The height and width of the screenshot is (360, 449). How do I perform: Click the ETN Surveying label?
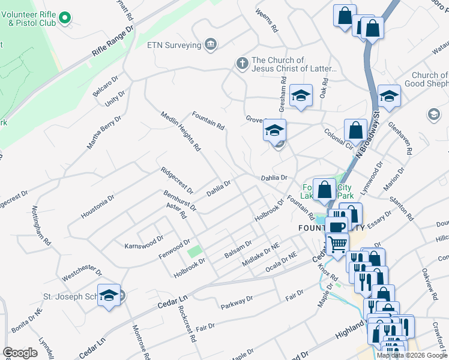pos(174,44)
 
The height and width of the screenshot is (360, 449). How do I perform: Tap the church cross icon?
pos(241,64)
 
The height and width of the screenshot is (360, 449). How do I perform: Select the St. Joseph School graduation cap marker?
pos(109,295)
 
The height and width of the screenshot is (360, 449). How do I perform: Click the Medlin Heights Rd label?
pos(180,131)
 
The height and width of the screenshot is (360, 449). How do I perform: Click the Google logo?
pos(20,353)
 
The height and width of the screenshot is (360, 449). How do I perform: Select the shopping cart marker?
pos(337,244)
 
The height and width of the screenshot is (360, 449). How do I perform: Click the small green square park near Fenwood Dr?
pos(193,251)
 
